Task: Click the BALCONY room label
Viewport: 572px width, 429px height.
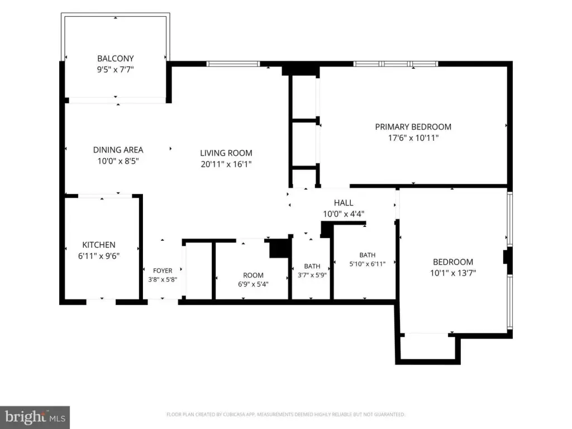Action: pyautogui.click(x=115, y=58)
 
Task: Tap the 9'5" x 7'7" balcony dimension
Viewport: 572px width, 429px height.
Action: pyautogui.click(x=115, y=69)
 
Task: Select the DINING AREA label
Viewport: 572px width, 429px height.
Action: pyautogui.click(x=118, y=150)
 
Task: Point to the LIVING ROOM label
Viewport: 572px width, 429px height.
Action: pyautogui.click(x=226, y=153)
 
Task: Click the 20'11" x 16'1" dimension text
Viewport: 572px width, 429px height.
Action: pyautogui.click(x=226, y=164)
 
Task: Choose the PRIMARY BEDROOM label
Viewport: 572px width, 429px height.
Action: pyautogui.click(x=413, y=127)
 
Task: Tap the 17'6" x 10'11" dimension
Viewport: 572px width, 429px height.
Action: pyautogui.click(x=413, y=138)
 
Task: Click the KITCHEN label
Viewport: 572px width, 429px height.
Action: pyautogui.click(x=99, y=245)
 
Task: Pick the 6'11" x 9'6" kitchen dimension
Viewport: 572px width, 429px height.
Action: pyautogui.click(x=99, y=256)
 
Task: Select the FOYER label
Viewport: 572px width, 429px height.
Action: pyautogui.click(x=163, y=271)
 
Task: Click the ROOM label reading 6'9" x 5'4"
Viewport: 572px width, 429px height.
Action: pyautogui.click(x=253, y=275)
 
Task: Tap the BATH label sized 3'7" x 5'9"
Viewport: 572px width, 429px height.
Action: pyautogui.click(x=312, y=266)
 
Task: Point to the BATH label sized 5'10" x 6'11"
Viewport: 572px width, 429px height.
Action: pyautogui.click(x=368, y=255)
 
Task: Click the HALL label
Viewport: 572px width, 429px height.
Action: pyautogui.click(x=344, y=203)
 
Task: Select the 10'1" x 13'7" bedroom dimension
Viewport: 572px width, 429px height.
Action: pyautogui.click(x=453, y=273)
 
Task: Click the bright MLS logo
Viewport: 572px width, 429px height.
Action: pyautogui.click(x=35, y=417)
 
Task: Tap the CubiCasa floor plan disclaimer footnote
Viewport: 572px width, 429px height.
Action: pyautogui.click(x=285, y=414)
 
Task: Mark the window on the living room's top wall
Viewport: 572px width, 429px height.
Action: pyautogui.click(x=233, y=64)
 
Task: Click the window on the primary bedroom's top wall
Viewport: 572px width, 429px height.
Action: pyautogui.click(x=396, y=64)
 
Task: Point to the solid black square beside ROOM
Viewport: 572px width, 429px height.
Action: pyautogui.click(x=279, y=249)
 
